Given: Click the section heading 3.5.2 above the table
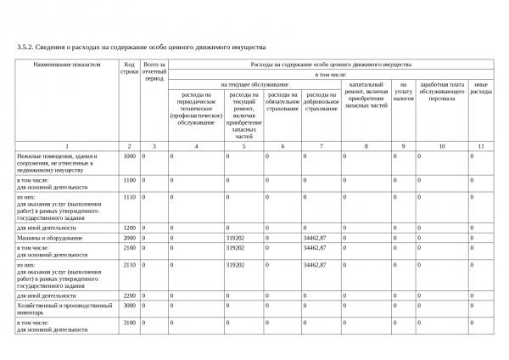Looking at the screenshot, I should (x=142, y=47).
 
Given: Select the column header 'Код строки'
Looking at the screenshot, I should (x=129, y=69).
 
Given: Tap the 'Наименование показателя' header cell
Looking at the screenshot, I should (x=67, y=65).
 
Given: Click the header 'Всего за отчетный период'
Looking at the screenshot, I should (x=154, y=72).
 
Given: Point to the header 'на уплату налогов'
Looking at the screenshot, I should (x=404, y=92).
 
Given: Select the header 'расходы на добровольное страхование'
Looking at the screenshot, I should (x=322, y=101).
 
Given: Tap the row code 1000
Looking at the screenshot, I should (x=130, y=156).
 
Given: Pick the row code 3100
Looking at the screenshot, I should (x=130, y=323).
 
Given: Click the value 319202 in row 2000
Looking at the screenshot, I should (x=236, y=238).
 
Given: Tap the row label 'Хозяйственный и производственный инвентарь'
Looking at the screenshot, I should (x=64, y=308).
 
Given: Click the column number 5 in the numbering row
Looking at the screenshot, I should (x=243, y=146).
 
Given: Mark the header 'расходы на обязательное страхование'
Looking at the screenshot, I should (x=282, y=101).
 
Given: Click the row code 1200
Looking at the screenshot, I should (x=130, y=228).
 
